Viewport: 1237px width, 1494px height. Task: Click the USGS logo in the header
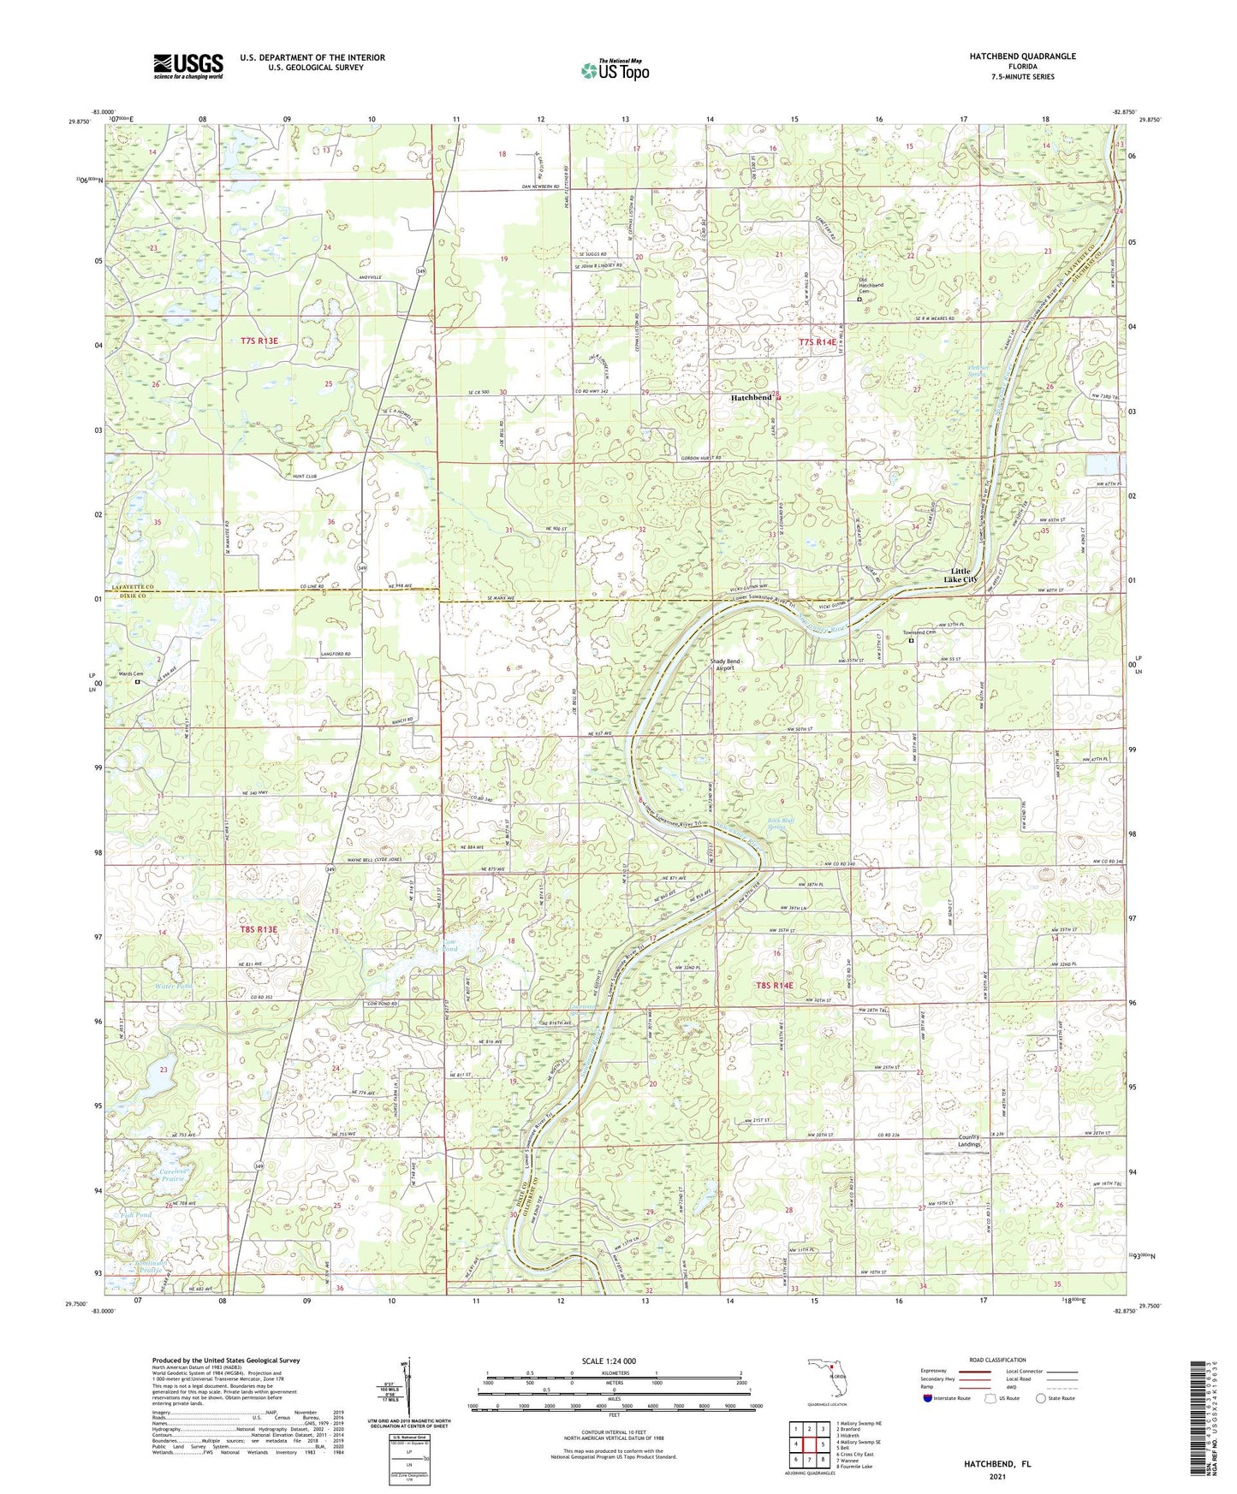[188, 65]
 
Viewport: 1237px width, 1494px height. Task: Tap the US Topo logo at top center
[613, 70]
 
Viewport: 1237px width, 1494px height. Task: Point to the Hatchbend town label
[751, 398]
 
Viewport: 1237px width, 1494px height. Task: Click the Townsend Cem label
[918, 633]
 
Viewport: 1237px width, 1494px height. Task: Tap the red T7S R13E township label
[259, 341]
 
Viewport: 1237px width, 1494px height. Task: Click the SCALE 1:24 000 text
[613, 1361]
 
